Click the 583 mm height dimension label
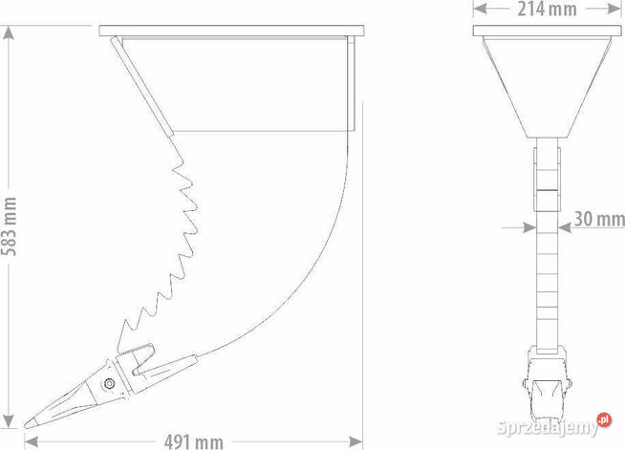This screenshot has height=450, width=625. [9, 226]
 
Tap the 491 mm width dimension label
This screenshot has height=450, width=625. [194, 442]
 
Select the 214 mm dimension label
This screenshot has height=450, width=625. [547, 10]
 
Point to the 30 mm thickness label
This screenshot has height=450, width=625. [599, 219]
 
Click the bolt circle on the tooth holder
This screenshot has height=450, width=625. [109, 384]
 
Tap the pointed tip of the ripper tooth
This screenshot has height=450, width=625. [25, 426]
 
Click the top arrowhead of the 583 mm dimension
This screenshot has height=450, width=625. [9, 32]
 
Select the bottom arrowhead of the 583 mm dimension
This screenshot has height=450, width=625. [9, 421]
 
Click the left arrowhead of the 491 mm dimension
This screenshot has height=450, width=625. [32, 441]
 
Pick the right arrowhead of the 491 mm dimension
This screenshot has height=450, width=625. [356, 441]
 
